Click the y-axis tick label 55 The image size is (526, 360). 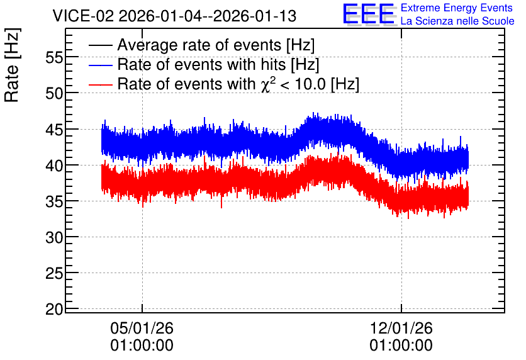(x=54, y=58)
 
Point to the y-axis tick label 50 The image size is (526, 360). (x=54, y=93)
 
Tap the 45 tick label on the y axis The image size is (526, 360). (x=54, y=130)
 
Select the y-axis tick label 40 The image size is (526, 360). (x=54, y=166)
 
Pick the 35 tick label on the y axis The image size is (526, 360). (x=54, y=201)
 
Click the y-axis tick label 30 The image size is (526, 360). (x=54, y=237)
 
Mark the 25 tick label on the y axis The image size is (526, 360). (x=54, y=273)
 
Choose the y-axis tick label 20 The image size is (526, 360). (x=54, y=309)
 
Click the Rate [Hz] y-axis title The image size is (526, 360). (x=12, y=65)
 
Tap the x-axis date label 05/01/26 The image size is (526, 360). (x=142, y=328)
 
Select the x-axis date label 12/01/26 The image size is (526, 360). (x=401, y=328)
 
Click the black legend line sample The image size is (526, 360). (x=100, y=45)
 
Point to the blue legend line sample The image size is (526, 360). (x=100, y=65)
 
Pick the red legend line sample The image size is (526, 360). (x=100, y=84)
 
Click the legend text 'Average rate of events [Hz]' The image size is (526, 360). (x=216, y=45)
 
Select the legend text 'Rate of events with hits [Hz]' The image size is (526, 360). (x=218, y=65)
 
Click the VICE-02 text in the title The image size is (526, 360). (x=84, y=16)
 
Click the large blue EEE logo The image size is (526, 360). (x=369, y=14)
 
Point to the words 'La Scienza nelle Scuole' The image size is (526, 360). (x=457, y=21)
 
